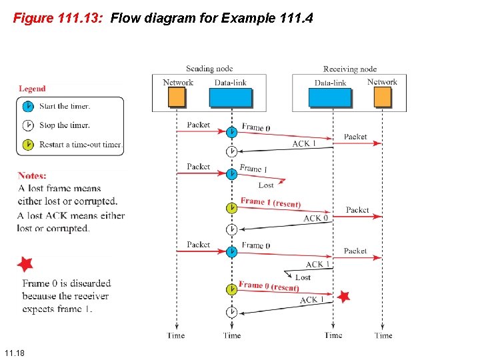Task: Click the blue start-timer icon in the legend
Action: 28,106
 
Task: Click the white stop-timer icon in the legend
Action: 28,125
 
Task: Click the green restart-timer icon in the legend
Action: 28,144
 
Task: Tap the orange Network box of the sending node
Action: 177,97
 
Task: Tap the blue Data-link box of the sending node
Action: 231,97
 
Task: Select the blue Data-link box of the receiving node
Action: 330,97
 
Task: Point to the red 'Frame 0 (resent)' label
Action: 268,286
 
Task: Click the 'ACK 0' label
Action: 316,218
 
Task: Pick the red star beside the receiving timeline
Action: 343,297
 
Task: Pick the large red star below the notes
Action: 25,264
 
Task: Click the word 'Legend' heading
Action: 32,89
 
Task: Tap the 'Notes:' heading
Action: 32,175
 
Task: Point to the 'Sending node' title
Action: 209,69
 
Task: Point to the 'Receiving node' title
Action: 350,69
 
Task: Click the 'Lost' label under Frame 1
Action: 266,185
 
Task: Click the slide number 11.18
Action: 14,352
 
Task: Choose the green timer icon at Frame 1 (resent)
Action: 231,208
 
